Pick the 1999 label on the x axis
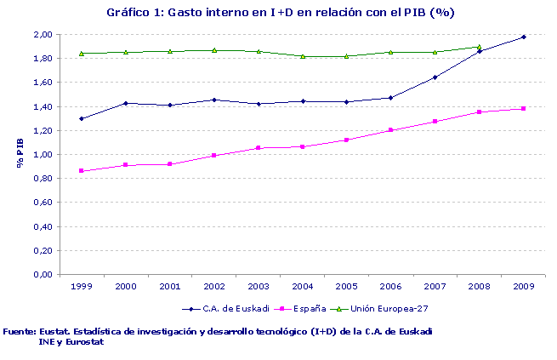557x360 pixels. point(82,287)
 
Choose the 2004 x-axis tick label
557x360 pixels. point(303,287)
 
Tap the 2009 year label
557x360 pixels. point(523,287)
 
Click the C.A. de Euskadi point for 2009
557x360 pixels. point(523,37)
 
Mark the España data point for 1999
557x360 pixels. point(82,171)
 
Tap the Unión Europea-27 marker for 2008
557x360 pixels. point(479,47)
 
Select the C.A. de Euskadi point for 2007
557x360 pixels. point(435,77)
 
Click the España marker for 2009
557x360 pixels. point(523,109)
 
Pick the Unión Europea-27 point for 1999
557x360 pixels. point(82,53)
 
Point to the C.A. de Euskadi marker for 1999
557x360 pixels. point(82,118)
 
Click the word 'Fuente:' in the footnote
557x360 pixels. point(20,331)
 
